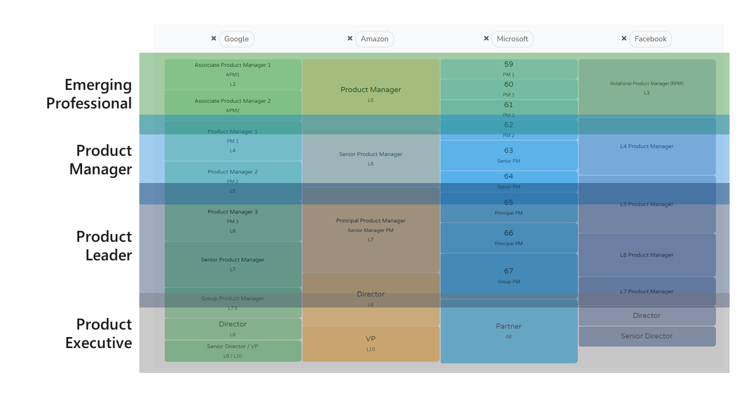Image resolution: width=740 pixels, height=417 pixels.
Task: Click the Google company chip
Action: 236,39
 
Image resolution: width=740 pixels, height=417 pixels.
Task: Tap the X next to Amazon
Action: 350,38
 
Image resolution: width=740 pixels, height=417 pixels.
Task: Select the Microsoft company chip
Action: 512,39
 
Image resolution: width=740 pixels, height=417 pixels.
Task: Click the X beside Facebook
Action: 624,38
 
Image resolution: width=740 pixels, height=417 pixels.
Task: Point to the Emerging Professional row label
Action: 89,94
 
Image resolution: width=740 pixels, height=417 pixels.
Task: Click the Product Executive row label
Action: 98,334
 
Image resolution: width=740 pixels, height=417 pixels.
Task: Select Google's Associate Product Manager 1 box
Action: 232,74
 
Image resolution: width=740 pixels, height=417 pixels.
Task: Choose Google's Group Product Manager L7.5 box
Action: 232,303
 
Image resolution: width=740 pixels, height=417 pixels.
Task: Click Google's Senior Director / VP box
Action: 232,351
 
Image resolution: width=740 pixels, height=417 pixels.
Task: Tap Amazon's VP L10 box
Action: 371,343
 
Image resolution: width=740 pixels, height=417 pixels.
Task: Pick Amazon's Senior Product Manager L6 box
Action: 371,159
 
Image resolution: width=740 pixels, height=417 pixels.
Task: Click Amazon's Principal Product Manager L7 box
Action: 371,229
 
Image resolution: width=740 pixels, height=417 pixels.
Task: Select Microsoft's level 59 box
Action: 508,69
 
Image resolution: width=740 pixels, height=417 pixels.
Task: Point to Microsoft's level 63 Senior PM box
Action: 508,155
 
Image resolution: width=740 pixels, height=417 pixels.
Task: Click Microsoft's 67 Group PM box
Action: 508,276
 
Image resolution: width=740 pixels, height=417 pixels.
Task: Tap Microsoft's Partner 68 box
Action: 508,331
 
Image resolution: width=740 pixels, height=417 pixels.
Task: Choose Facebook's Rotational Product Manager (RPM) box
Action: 646,87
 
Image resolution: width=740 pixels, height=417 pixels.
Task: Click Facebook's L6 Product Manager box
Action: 646,255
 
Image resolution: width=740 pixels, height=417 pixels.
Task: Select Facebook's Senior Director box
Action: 646,336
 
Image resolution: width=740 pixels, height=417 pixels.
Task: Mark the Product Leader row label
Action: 104,246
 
